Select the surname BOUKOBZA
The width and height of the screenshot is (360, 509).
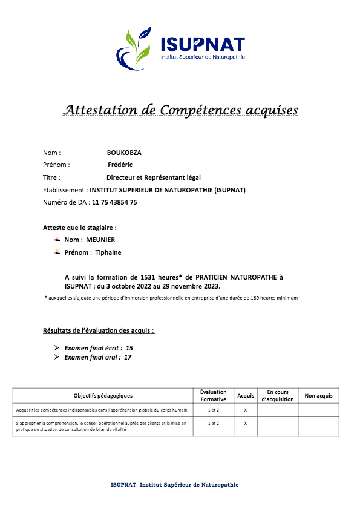(124, 153)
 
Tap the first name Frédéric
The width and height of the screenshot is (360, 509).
(120, 165)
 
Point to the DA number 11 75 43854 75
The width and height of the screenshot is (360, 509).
(114, 203)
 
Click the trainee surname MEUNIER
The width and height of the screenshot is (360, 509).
(100, 240)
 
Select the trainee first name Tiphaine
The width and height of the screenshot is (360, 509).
(108, 252)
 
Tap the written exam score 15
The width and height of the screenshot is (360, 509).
(129, 348)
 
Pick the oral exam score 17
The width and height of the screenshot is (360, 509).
(128, 357)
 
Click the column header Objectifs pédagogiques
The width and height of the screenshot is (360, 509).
(103, 396)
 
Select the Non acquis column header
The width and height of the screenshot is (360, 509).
(318, 396)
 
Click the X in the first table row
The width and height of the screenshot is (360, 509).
(246, 410)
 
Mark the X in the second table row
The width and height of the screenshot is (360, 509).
(246, 424)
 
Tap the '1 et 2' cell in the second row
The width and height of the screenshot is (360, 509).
(214, 424)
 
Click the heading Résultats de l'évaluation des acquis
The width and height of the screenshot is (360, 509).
(99, 331)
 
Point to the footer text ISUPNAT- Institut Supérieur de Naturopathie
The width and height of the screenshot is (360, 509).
(175, 485)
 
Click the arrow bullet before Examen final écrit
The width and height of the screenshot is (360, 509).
(56, 348)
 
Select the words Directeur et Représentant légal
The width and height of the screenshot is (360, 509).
(153, 177)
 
